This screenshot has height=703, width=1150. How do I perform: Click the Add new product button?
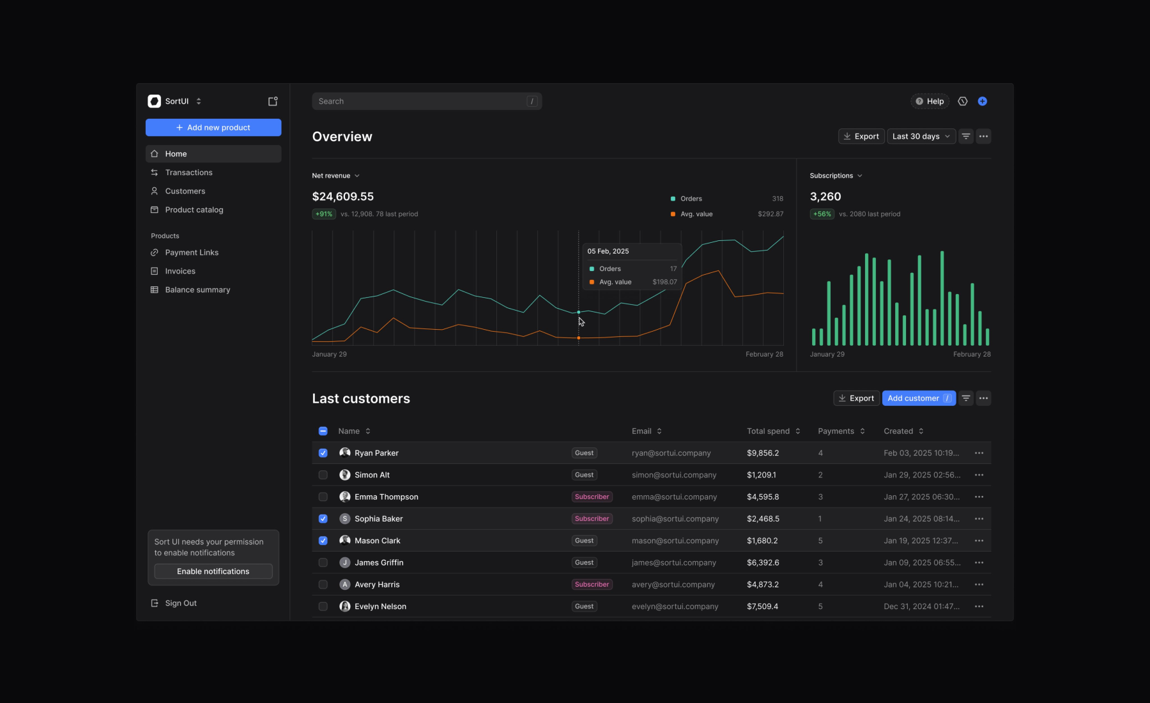point(213,127)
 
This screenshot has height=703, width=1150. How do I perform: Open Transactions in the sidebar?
point(188,173)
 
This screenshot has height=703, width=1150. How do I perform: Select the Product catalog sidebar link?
point(194,210)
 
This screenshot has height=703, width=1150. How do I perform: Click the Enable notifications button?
point(213,571)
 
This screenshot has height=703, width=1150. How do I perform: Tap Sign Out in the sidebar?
point(181,603)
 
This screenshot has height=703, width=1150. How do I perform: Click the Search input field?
point(427,101)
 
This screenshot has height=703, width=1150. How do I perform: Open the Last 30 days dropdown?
point(921,136)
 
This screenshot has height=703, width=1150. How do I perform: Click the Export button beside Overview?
point(861,136)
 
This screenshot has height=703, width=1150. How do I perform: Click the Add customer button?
point(919,398)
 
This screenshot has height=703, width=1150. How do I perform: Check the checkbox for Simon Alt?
point(323,475)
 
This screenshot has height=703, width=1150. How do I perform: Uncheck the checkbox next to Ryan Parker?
point(323,453)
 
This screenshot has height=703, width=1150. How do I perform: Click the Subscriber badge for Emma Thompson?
point(592,497)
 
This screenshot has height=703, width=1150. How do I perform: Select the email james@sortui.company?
point(674,562)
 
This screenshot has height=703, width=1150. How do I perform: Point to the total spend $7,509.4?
point(763,606)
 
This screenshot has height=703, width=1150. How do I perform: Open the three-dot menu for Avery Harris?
point(979,585)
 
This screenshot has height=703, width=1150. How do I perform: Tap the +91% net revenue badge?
point(324,214)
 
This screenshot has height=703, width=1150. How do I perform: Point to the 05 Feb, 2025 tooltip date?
point(608,251)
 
